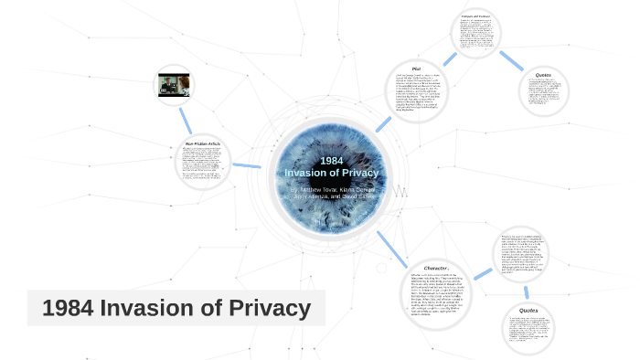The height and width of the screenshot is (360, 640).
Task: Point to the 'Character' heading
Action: click(x=436, y=269)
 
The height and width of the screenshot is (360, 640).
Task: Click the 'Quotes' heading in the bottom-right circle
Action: click(x=528, y=311)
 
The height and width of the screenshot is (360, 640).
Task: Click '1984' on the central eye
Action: click(x=332, y=161)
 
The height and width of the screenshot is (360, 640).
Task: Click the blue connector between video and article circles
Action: click(x=185, y=117)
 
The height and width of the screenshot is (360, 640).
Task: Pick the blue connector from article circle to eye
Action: click(x=247, y=165)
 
